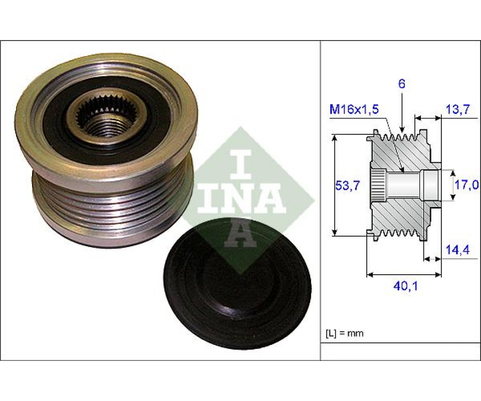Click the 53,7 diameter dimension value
pos(347,185)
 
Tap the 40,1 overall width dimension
pos(405,286)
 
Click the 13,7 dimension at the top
pos(457,109)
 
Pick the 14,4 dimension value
pos(457,250)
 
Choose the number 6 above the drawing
pos(402,84)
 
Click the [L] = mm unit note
pos(345,333)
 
